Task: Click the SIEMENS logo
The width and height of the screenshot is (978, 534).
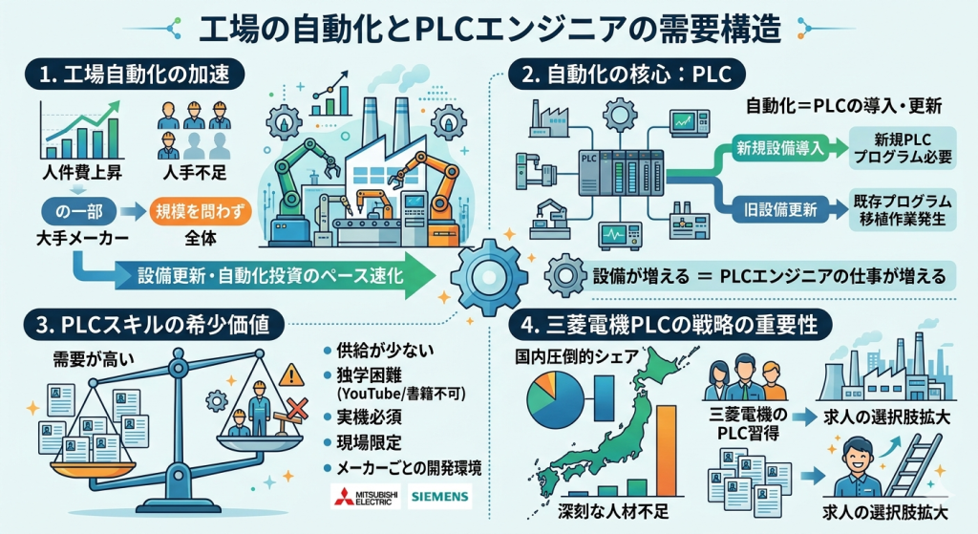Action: (x=439, y=497)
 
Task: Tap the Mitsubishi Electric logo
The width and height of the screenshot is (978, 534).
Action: (x=366, y=497)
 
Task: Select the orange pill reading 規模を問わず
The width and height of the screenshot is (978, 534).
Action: (x=200, y=211)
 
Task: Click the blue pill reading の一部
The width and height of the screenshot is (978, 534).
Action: (x=78, y=211)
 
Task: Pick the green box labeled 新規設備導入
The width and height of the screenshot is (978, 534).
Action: (x=779, y=148)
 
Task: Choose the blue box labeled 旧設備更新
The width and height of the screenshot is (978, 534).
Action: (x=779, y=209)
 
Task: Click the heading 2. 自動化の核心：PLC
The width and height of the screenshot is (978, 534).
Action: (x=627, y=74)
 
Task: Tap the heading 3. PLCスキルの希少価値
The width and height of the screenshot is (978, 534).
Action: (x=154, y=325)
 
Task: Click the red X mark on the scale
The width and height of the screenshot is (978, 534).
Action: (x=297, y=409)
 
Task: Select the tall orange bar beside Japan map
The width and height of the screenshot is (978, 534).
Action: (x=666, y=450)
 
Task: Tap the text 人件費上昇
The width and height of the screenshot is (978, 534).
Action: (x=82, y=172)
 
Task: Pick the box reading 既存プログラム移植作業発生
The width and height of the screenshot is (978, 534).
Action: (x=903, y=209)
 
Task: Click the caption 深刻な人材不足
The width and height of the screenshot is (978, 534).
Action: (x=613, y=511)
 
